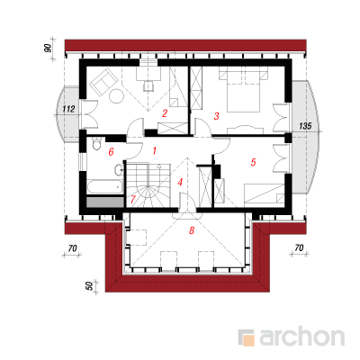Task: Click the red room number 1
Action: pos(155,150)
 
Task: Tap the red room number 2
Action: pos(165,113)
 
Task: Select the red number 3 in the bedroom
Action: pos(217,116)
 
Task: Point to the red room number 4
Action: pos(180,182)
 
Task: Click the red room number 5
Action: pos(254,162)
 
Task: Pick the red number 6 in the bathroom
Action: pos(111,152)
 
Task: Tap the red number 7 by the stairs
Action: pos(133,199)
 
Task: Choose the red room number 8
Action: pos(192,230)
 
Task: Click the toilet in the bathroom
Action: pos(96,144)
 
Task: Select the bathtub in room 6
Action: pos(104,186)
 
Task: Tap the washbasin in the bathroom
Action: pos(119,170)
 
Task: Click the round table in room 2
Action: pos(116,96)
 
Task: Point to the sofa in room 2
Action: pos(103,81)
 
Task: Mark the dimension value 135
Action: pos(305,126)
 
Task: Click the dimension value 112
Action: pos(68,109)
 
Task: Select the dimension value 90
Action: pos(48,48)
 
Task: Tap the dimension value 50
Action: pos(89,286)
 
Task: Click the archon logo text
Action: pos(302,337)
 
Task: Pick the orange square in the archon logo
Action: pos(249,340)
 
